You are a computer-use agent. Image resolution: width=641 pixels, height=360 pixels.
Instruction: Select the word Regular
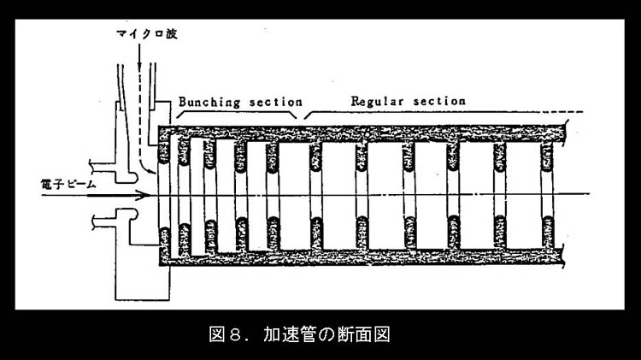pyautogui.click(x=379, y=101)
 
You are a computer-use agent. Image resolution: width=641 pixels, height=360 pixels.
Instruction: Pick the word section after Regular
pyautogui.click(x=439, y=101)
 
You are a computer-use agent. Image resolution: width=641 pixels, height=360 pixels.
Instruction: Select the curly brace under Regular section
pyautogui.click(x=427, y=115)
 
